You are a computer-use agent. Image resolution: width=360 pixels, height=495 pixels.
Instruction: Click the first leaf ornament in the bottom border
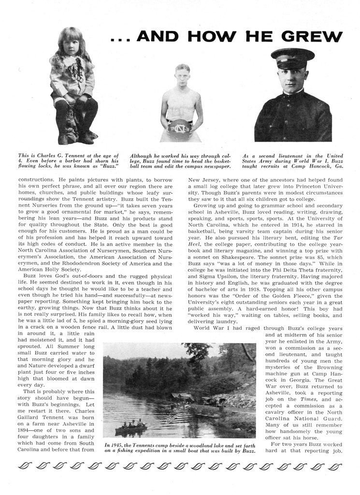(24, 466)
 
